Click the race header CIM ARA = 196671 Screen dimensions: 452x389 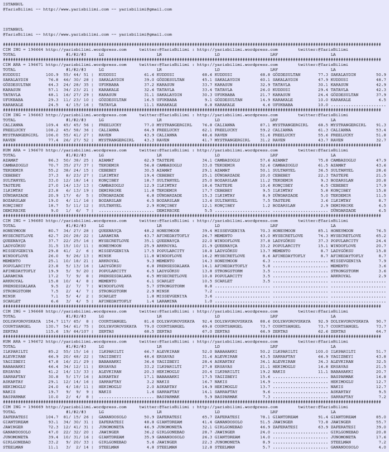(x=23, y=64)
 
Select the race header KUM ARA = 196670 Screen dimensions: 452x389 (x=23, y=150)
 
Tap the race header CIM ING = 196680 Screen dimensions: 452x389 (x=23, y=220)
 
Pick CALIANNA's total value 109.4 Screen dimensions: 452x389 (x=52, y=125)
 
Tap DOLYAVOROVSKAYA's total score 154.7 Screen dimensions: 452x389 (x=52, y=321)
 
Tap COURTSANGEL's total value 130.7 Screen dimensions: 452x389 (x=52, y=326)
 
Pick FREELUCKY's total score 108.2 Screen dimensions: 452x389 (x=52, y=130)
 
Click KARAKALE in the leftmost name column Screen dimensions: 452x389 (x=11, y=105)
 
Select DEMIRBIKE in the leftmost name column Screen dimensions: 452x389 (x=13, y=211)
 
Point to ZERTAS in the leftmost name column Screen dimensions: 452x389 (x=9, y=331)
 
